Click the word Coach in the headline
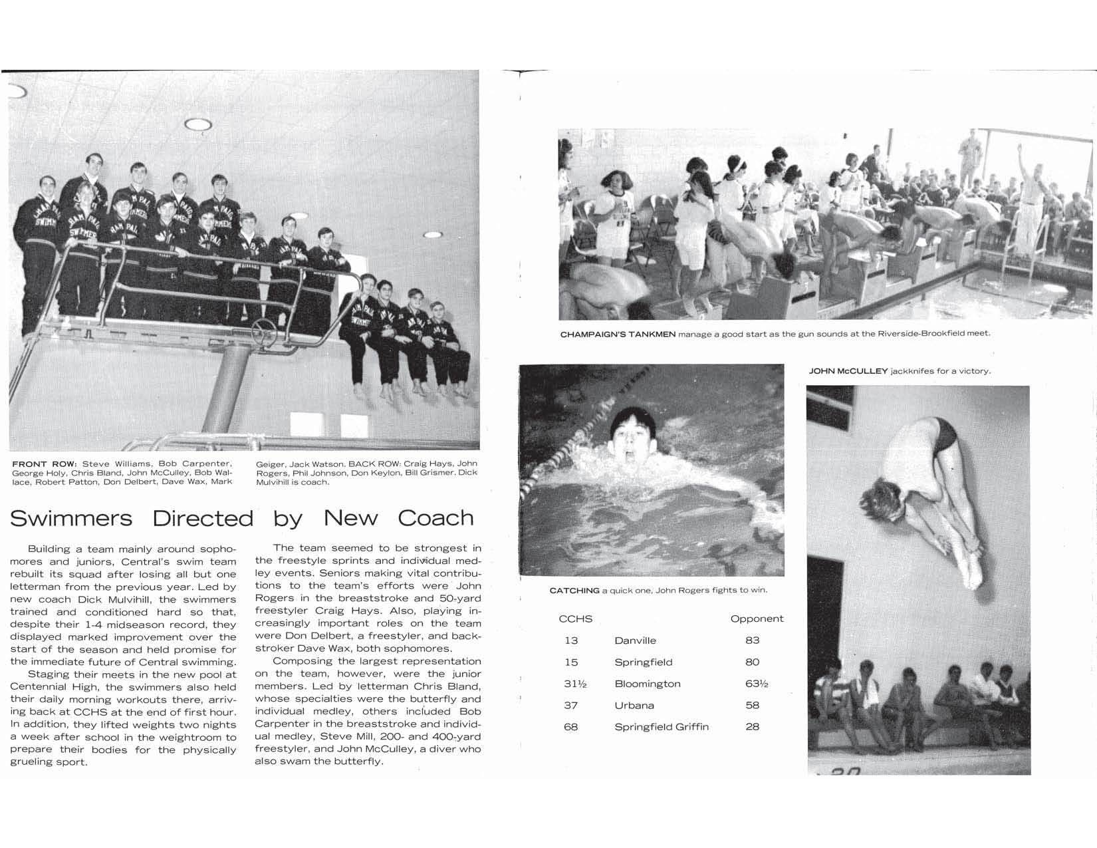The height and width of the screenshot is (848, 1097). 435,518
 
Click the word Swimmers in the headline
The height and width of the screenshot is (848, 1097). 71,518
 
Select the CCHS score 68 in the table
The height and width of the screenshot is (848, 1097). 570,727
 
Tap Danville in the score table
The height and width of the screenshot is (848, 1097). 635,640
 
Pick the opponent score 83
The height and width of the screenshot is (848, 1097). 753,640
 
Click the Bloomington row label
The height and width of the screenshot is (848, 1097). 648,684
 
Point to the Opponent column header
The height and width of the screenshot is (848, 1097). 757,619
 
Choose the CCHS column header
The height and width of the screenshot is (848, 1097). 575,619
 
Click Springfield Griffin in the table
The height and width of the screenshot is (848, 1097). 662,727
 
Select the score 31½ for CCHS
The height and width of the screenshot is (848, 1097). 574,684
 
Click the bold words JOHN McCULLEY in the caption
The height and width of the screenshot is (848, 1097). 848,371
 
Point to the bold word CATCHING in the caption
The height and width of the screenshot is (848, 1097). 574,591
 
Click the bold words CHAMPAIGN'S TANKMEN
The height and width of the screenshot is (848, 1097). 618,334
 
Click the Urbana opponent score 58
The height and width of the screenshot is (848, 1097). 753,705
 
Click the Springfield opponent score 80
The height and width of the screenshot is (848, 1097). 753,662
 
